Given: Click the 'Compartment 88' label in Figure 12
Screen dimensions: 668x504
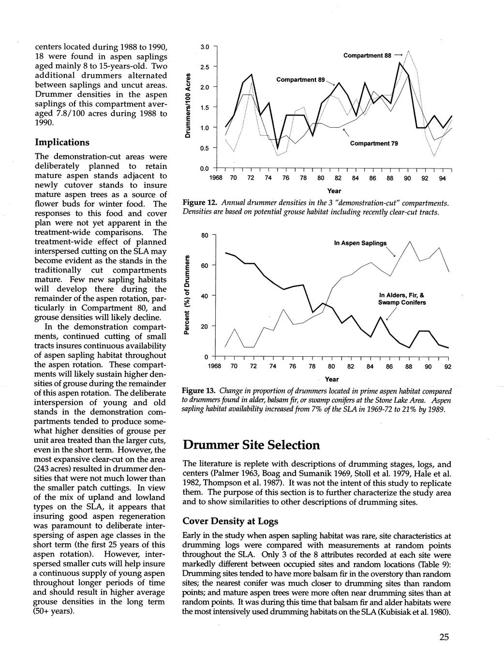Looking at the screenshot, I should pos(367,56).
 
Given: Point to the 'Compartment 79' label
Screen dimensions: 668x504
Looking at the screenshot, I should pos(374,143).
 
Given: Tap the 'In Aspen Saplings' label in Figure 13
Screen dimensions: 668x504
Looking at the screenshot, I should pos(360,243).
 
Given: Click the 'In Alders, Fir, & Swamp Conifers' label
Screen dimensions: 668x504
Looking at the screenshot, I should pos(402,299).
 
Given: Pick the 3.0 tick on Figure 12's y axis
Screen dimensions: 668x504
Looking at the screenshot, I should pos(204,47).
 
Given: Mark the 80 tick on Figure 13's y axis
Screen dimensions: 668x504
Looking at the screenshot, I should pos(205,235).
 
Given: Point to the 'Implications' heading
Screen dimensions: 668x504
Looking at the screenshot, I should pos(62,142).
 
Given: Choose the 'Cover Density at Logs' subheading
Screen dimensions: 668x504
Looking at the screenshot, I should pos(231,521).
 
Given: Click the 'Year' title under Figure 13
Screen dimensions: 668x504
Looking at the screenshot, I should pos(331,379).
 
